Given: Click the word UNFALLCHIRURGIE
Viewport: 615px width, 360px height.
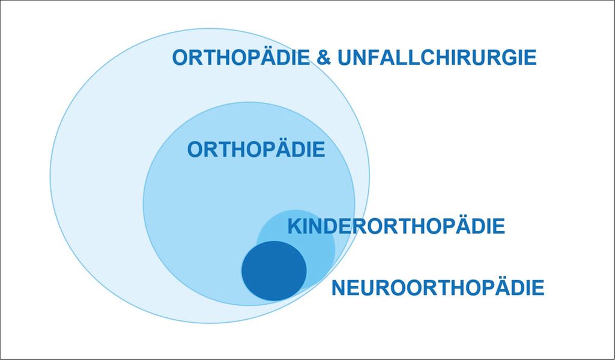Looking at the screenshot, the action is tap(437, 57).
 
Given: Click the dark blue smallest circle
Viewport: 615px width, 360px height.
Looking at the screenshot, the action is tap(274, 270).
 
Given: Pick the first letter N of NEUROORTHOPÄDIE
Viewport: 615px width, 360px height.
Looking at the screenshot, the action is tap(339, 288).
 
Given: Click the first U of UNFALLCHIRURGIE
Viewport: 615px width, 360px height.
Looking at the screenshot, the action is tap(344, 58).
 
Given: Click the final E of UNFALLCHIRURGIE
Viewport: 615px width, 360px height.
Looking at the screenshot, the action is tap(530, 58).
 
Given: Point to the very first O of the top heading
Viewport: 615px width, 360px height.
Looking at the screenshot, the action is tap(180, 58).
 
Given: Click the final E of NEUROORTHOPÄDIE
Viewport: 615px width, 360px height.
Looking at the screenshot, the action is tap(538, 288).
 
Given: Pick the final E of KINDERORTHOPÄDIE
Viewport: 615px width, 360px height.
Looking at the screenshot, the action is tap(499, 227).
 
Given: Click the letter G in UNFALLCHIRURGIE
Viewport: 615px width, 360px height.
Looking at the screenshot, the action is tap(509, 58).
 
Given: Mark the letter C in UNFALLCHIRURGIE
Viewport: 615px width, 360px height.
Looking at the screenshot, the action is tap(419, 58).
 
